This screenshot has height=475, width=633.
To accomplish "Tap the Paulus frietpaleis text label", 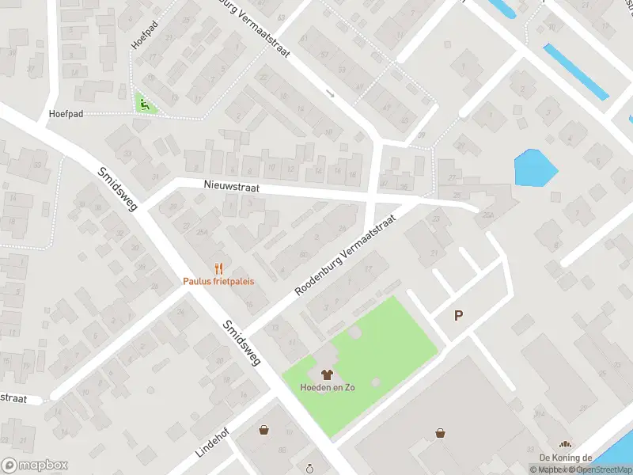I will pyautogui.click(x=219, y=282).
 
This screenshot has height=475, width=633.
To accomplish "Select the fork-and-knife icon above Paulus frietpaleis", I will pyautogui.click(x=219, y=268).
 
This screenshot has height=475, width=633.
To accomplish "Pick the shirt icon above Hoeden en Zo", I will pyautogui.click(x=325, y=374).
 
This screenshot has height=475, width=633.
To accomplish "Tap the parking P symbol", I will pyautogui.click(x=458, y=315).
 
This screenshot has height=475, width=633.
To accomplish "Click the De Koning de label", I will pyautogui.click(x=566, y=458).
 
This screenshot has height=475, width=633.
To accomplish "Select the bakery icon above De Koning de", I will pyautogui.click(x=565, y=445).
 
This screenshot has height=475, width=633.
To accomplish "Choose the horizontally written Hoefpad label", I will pyautogui.click(x=66, y=114).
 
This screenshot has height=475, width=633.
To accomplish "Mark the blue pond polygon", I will pyautogui.click(x=535, y=167).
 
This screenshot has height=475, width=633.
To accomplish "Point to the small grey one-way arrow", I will pyautogui.click(x=331, y=94).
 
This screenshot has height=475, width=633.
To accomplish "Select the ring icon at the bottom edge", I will pyautogui.click(x=311, y=469).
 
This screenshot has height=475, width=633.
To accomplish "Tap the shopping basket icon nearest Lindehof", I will pyautogui.click(x=263, y=430).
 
